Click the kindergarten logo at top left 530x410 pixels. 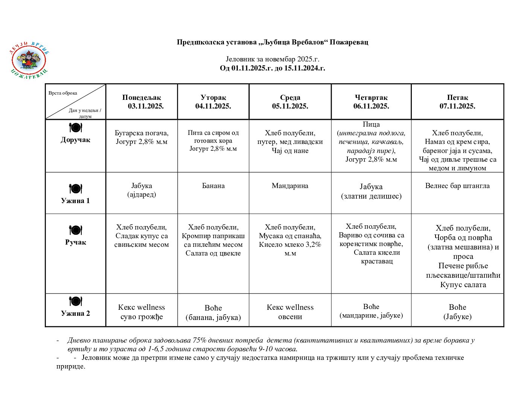coord(29,60)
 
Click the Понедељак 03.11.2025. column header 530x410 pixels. coord(142,102)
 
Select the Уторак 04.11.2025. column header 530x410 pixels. coord(213,102)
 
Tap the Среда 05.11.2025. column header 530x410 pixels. coord(290,102)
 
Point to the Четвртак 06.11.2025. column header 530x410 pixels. coord(371,102)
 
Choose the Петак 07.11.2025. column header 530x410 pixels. coord(457,102)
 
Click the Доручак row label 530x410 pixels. coord(75,140)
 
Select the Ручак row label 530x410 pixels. coord(75,242)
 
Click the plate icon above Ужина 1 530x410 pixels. coord(75,188)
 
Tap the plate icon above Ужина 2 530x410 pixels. coord(75,301)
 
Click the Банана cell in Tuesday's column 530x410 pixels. coord(213,186)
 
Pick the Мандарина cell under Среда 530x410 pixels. coord(290,186)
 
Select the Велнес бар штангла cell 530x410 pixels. coord(457,186)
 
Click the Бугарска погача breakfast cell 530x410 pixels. coord(142,137)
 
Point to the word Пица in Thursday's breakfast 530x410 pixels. coord(371,124)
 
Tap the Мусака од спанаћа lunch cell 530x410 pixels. coord(290,240)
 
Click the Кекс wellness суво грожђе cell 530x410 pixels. coord(142,312)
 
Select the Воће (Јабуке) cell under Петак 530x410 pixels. coord(457,312)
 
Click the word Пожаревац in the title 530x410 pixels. coord(349,42)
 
